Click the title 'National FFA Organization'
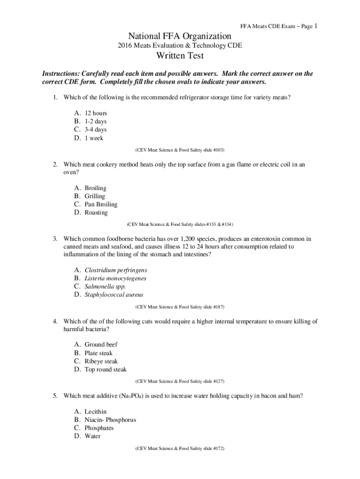pos(180,36)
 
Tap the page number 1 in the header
pos(317,26)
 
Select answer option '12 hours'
pos(95,113)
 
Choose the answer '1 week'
pos(94,138)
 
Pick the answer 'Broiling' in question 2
pos(95,188)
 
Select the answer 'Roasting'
pos(96,213)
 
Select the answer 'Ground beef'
pos(101,345)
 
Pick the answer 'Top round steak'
pos(105,370)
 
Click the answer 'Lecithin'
pos(95,412)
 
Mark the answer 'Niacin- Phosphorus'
pos(110,420)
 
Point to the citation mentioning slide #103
pos(180,150)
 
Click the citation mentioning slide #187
pos(180,307)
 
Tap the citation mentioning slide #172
pos(180,448)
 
